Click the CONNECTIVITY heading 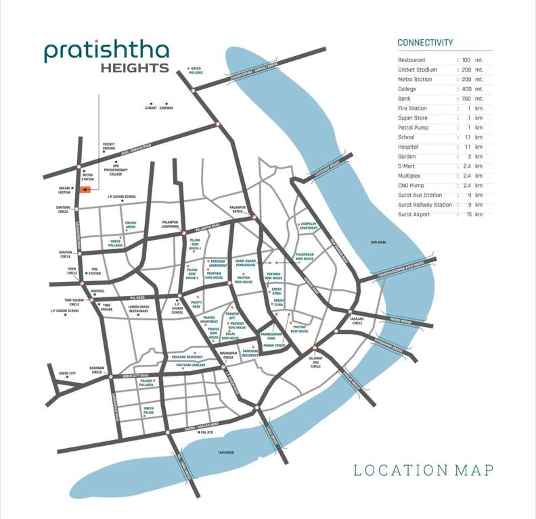point(425,43)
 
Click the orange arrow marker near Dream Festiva point(85,191)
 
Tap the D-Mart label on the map point(150,108)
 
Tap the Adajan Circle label point(357,321)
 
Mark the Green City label point(67,373)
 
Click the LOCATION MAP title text point(424,470)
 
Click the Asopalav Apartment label point(308,226)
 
